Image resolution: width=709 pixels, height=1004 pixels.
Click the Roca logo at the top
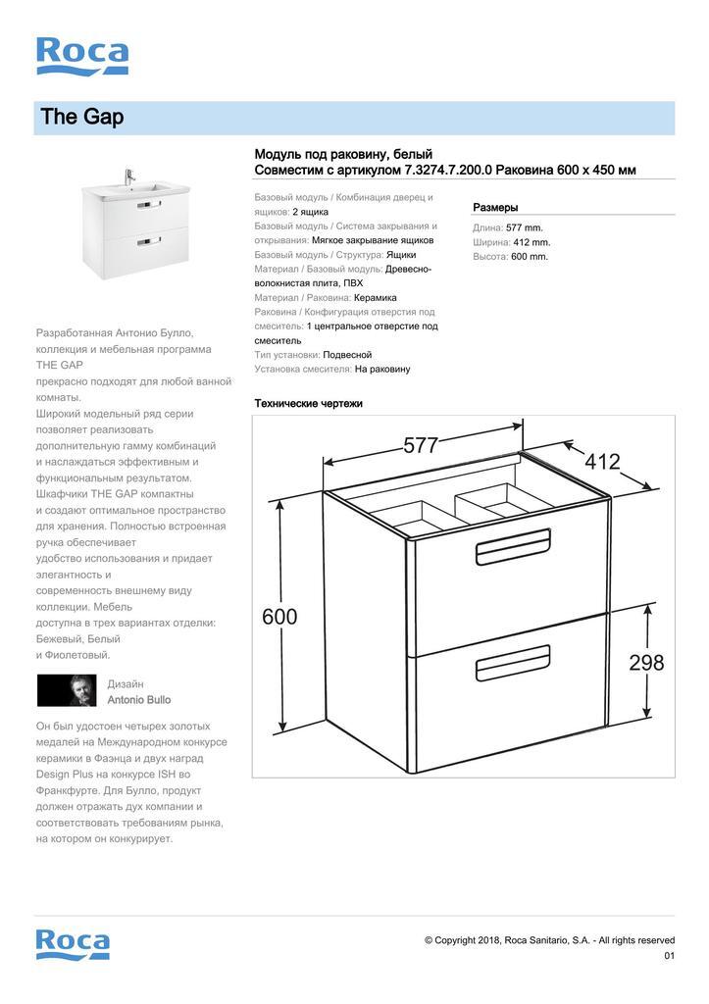tap(82, 56)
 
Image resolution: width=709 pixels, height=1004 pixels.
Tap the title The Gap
tap(82, 118)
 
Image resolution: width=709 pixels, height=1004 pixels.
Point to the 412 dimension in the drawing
tap(603, 461)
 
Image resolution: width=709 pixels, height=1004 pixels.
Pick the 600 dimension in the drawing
tap(279, 617)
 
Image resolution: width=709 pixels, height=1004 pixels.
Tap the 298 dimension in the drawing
tap(646, 663)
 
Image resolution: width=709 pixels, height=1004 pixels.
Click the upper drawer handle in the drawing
tap(513, 552)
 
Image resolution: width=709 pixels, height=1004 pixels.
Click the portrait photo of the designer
tap(67, 690)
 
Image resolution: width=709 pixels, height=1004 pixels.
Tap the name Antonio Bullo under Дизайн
tap(138, 700)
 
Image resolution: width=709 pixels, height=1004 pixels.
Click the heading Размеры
tap(495, 208)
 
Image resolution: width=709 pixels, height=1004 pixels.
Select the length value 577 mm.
tap(525, 227)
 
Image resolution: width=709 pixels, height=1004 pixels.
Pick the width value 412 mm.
tap(532, 242)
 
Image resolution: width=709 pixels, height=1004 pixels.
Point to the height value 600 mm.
tap(530, 257)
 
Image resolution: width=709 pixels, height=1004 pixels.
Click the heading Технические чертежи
tap(308, 403)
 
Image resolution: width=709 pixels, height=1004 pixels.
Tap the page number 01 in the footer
tap(669, 956)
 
